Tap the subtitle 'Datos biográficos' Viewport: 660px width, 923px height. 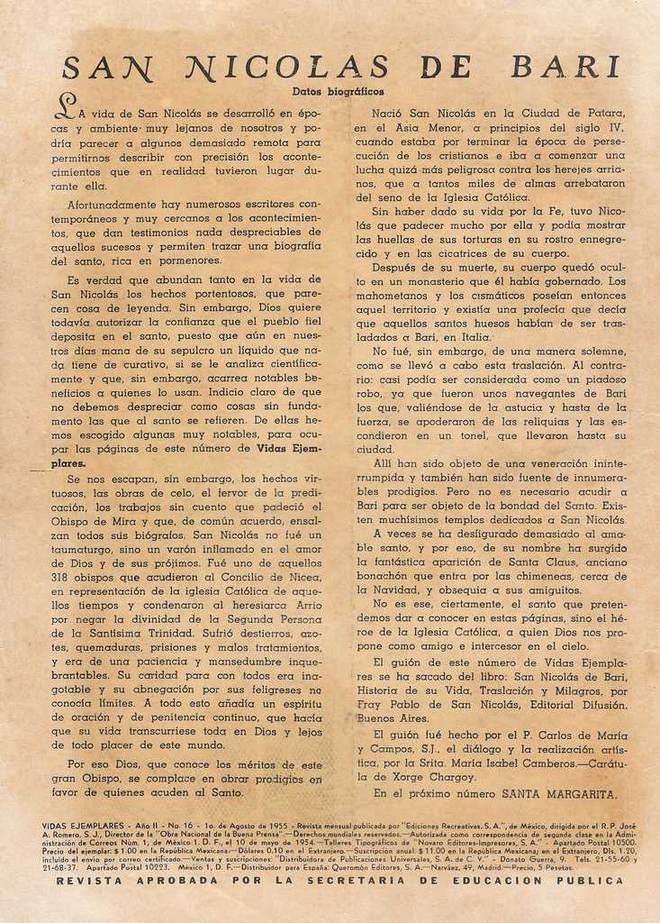click(338, 91)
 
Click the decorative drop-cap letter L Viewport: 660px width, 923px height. click(65, 108)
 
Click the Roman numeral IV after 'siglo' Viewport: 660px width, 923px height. click(616, 128)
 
